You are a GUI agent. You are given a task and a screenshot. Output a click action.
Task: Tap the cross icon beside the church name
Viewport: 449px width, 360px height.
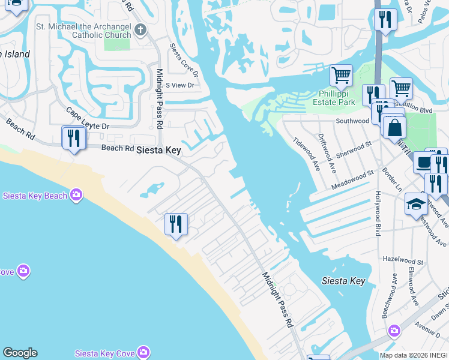[140, 29]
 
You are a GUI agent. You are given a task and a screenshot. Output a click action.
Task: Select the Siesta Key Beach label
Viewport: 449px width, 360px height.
[35, 195]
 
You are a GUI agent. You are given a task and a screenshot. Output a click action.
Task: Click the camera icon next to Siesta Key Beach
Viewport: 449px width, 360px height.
[76, 194]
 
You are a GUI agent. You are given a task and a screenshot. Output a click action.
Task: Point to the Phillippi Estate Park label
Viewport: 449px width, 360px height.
[334, 98]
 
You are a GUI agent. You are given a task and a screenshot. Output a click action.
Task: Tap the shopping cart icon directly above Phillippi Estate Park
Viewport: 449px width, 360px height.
[341, 76]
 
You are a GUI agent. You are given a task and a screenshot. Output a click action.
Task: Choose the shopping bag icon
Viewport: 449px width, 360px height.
[394, 128]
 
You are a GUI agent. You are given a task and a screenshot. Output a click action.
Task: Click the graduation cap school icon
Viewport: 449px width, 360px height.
[416, 205]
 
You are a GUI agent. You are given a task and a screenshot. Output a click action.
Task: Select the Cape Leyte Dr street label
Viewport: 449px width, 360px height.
[88, 119]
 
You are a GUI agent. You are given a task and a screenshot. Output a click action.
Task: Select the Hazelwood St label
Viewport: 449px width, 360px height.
[403, 261]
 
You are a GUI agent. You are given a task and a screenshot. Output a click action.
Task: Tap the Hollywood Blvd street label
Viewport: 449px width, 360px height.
[378, 213]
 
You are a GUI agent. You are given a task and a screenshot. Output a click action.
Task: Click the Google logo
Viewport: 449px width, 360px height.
[20, 353]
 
